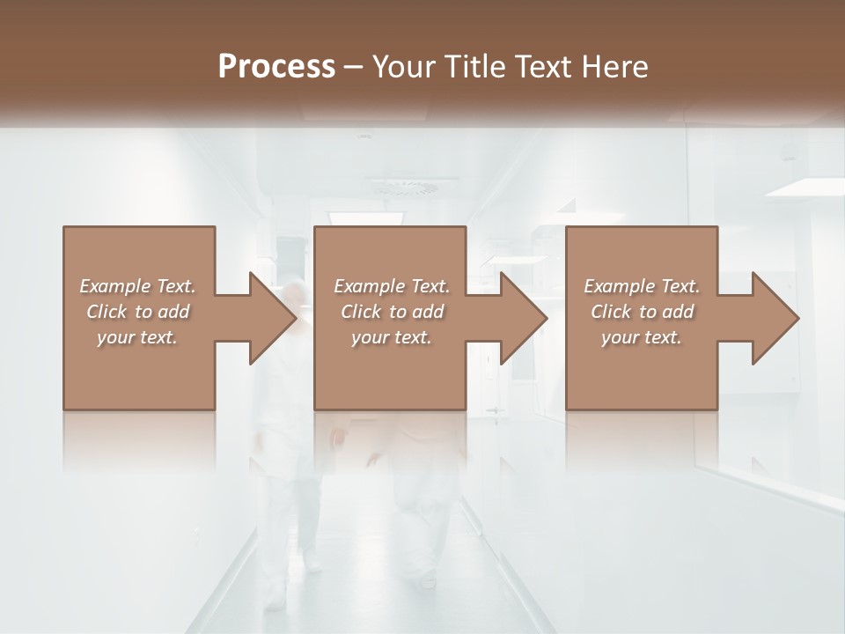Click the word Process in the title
[276, 67]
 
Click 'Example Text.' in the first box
[137, 286]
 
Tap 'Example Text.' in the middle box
[391, 286]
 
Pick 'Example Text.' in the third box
[642, 286]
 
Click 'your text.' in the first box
[137, 337]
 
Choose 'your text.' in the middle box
[391, 337]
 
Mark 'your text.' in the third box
[642, 337]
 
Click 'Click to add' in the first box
[137, 312]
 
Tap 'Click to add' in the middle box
[391, 312]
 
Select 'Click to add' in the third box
[642, 312]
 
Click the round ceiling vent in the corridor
[402, 186]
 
